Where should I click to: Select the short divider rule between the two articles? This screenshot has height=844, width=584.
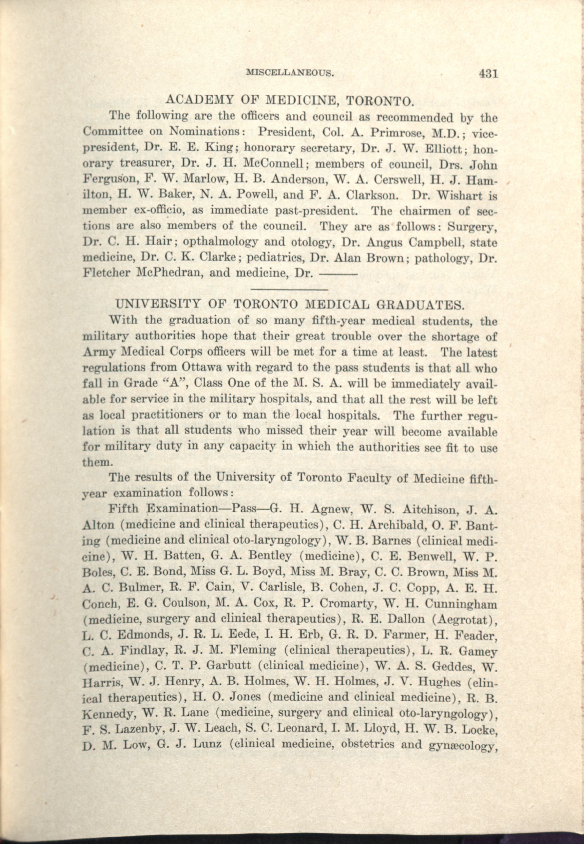290,290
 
